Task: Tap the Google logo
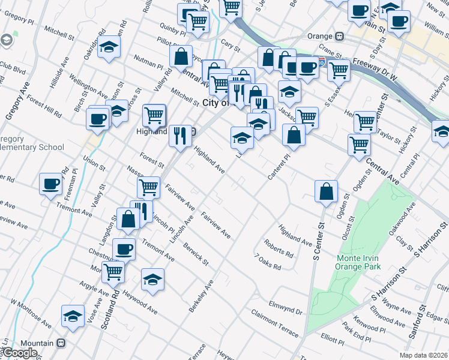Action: click(x=19, y=353)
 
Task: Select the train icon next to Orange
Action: click(x=340, y=36)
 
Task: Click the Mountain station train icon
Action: click(x=60, y=343)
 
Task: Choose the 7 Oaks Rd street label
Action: click(x=267, y=262)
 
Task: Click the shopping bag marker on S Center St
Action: click(x=325, y=191)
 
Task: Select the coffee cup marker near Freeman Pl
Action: click(x=50, y=183)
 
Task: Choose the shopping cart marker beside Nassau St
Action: click(x=148, y=187)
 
